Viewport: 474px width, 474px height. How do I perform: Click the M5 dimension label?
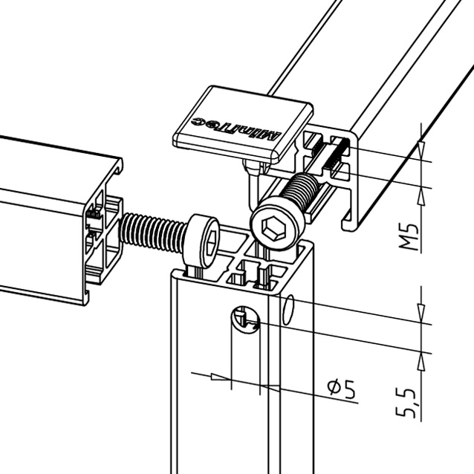point(409,237)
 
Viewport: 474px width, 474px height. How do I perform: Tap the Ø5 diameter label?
point(342,389)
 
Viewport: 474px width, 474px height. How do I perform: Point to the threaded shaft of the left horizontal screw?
point(152,232)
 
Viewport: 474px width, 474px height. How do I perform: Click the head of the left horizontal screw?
point(201,241)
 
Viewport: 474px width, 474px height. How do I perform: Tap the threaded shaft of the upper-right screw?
point(300,190)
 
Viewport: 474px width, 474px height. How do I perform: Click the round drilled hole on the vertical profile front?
point(245,319)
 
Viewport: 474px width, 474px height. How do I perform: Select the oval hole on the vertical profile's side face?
point(288,309)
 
